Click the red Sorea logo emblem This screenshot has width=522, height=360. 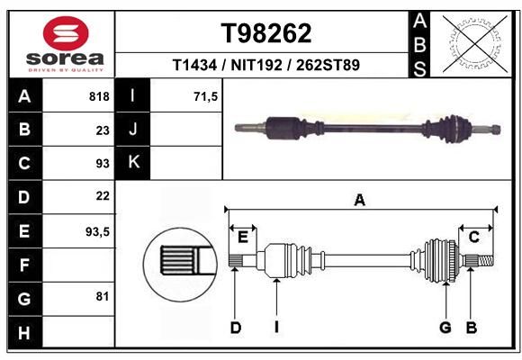tap(66, 33)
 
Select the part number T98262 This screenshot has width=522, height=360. tap(266, 33)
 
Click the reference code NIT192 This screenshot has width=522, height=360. tap(256, 65)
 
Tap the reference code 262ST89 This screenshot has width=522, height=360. tap(328, 65)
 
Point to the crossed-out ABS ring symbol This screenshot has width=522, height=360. tap(476, 44)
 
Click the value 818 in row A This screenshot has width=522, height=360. tap(99, 96)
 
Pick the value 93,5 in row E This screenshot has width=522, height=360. tap(97, 231)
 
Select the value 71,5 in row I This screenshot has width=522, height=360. tap(206, 96)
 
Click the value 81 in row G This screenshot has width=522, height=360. tap(103, 296)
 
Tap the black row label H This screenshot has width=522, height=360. tap(25, 333)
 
